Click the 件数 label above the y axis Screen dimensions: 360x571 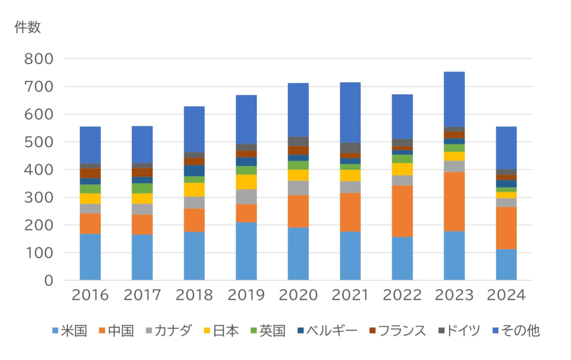click(28, 28)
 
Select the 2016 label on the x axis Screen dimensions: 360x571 click(90, 296)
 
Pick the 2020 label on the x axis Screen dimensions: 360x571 click(298, 296)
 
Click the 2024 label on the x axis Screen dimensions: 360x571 click(506, 296)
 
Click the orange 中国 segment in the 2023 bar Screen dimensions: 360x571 click(454, 201)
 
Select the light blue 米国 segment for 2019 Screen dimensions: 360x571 click(246, 251)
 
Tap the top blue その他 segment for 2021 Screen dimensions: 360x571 click(350, 112)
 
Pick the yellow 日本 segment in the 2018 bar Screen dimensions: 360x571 click(194, 190)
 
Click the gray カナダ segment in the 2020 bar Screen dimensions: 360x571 click(298, 188)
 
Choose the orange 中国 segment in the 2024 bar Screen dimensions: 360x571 click(506, 228)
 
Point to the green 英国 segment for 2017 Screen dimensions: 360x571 click(142, 188)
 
